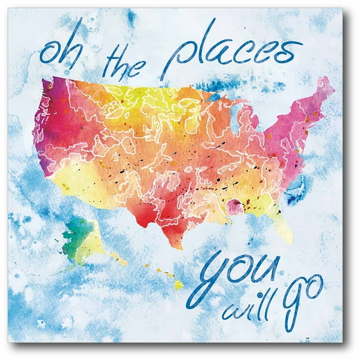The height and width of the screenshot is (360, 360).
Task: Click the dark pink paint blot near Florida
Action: (x=234, y=206)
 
